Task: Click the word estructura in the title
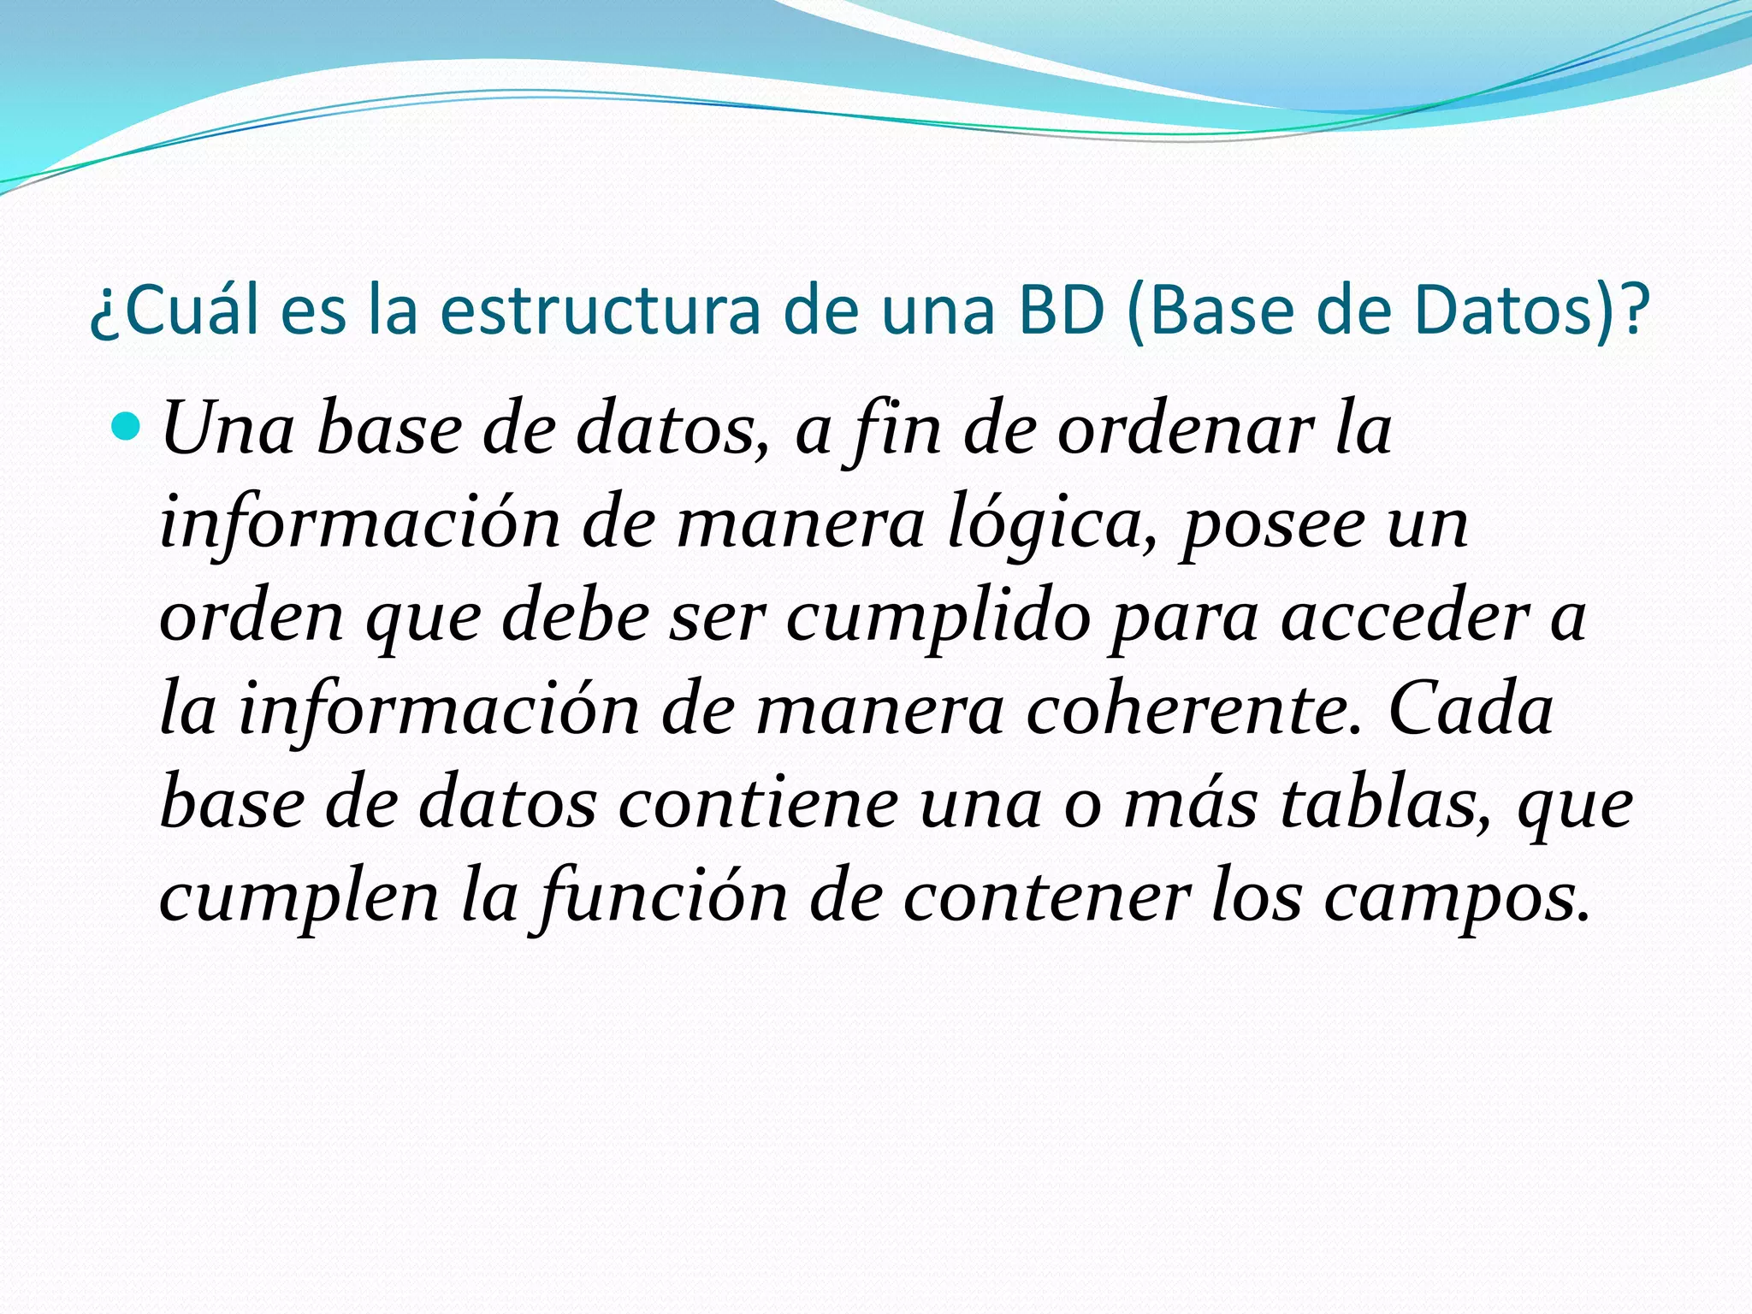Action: (600, 310)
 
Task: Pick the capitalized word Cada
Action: (1471, 710)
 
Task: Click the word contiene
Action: (758, 804)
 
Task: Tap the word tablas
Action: (1386, 804)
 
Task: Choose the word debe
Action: (576, 618)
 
